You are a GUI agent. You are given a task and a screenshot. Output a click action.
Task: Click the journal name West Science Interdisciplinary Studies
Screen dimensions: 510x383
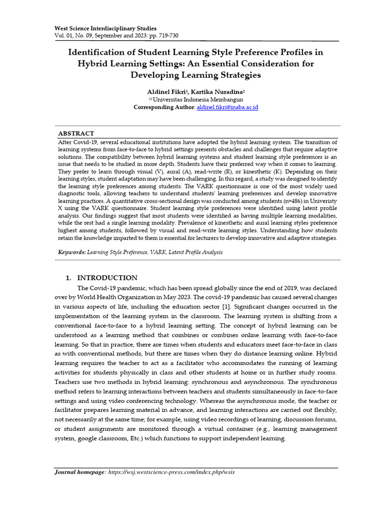(x=105, y=28)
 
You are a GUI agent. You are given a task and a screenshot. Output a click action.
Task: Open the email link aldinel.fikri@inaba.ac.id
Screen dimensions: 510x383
(x=227, y=107)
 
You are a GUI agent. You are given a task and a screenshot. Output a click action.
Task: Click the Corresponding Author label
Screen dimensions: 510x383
(x=164, y=107)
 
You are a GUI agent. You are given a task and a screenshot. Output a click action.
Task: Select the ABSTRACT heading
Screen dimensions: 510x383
(x=76, y=133)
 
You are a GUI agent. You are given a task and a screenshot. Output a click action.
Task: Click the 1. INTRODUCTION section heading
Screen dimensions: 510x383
(x=102, y=278)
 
